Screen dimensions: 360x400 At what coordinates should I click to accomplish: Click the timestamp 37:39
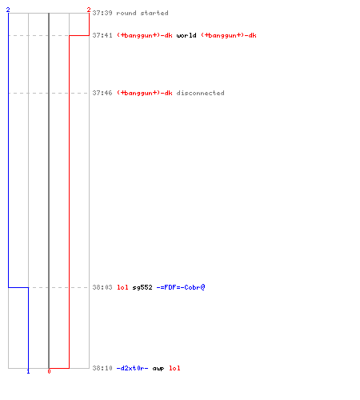click(x=102, y=13)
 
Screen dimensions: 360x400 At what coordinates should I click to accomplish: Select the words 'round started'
click(x=142, y=13)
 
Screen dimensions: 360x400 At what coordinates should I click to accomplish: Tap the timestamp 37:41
click(x=102, y=35)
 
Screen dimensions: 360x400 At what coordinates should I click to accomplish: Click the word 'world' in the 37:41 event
click(x=186, y=35)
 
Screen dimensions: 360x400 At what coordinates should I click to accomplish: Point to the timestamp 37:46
click(x=102, y=93)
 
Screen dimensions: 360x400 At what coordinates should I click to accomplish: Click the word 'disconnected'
click(x=200, y=93)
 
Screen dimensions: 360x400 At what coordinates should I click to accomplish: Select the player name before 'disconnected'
click(x=145, y=93)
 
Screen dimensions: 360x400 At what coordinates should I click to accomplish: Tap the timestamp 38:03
click(x=102, y=287)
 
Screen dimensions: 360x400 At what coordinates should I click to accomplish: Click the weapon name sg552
click(x=142, y=287)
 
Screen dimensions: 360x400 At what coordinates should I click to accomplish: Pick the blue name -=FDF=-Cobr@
click(x=181, y=287)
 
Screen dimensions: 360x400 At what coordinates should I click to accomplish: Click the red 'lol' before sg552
click(x=122, y=287)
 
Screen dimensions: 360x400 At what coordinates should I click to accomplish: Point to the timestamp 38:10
click(x=102, y=368)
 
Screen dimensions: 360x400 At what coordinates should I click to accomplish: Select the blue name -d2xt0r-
click(x=133, y=368)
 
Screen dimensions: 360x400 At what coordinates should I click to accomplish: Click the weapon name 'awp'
click(x=158, y=369)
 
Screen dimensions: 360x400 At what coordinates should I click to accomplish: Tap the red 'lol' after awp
click(x=174, y=368)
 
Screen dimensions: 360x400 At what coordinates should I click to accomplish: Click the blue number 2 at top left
click(x=8, y=10)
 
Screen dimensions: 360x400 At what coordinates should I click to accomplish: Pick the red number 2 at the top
click(x=89, y=10)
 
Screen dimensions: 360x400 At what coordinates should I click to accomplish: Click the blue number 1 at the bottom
click(x=28, y=371)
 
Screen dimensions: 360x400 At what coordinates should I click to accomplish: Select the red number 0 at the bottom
click(x=49, y=371)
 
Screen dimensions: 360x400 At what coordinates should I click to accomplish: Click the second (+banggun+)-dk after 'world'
click(x=229, y=35)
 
